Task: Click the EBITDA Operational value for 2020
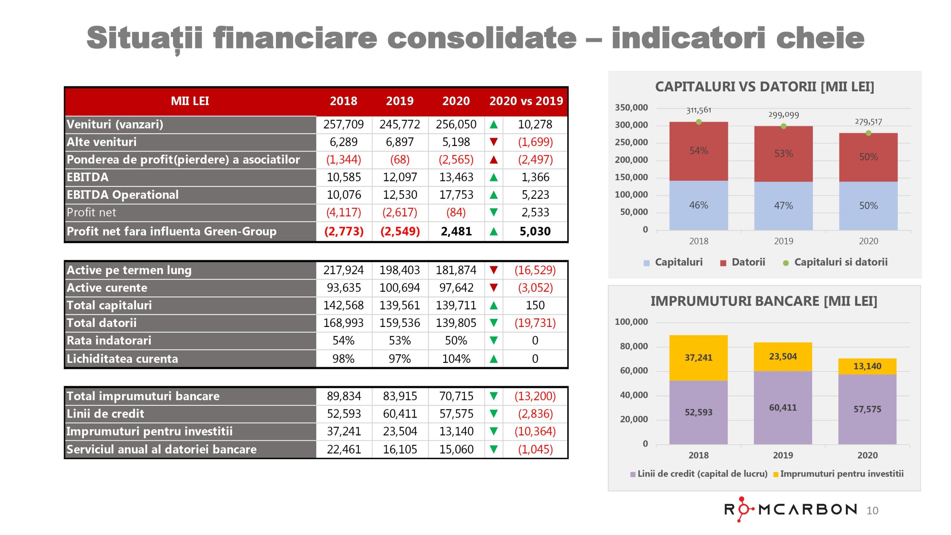(x=456, y=195)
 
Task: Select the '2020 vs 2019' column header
(x=526, y=101)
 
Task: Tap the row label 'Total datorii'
(x=102, y=323)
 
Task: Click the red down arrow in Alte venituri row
(x=493, y=142)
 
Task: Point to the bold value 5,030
(x=535, y=231)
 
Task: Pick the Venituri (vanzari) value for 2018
(x=343, y=124)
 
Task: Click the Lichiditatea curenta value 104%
(x=456, y=359)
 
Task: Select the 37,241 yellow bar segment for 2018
(x=698, y=358)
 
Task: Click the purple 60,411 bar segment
(x=783, y=408)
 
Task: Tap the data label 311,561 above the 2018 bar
(x=698, y=110)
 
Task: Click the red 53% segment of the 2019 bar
(x=783, y=153)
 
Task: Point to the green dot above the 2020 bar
(x=868, y=133)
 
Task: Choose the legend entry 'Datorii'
(x=747, y=262)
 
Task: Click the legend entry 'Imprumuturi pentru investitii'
(x=841, y=474)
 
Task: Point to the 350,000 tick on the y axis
(x=631, y=108)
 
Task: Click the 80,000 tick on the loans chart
(x=633, y=346)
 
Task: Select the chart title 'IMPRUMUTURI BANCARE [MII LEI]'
(x=764, y=301)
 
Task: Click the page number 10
(x=872, y=511)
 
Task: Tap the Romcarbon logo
(x=791, y=509)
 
